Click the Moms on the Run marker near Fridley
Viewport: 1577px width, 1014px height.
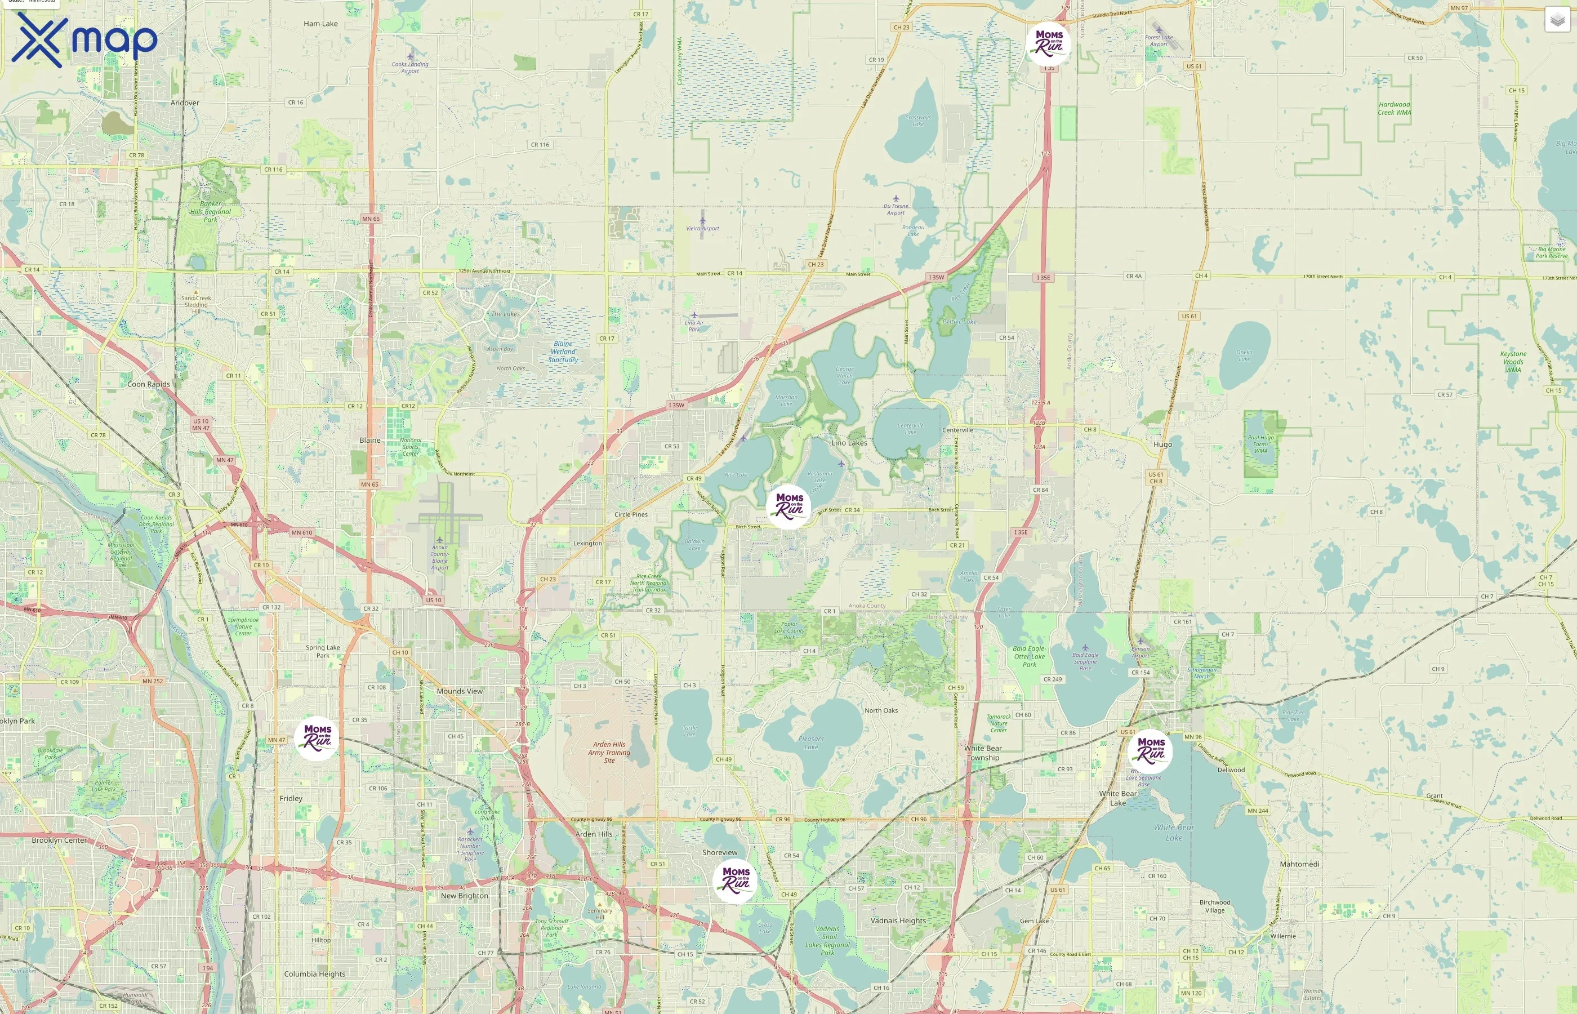(x=317, y=738)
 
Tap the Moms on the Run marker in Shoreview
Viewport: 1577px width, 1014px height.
(x=735, y=880)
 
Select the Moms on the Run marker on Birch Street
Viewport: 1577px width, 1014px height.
(x=788, y=506)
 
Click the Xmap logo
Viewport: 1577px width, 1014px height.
(x=84, y=39)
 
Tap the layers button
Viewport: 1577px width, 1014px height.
(x=1557, y=20)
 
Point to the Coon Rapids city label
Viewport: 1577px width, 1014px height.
(x=149, y=384)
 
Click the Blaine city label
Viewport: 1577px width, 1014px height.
(x=370, y=440)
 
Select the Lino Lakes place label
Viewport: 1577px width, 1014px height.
(x=849, y=442)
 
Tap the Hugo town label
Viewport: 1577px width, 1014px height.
(x=1162, y=444)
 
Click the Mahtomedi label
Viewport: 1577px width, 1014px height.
(x=1299, y=864)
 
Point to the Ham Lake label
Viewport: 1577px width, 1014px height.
(x=320, y=24)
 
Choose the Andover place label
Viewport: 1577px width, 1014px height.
(x=185, y=103)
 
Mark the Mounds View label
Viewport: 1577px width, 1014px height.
(x=460, y=691)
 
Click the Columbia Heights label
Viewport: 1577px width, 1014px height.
(x=315, y=974)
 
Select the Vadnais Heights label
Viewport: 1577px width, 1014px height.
(x=898, y=920)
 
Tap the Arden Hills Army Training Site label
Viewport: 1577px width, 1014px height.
(x=609, y=752)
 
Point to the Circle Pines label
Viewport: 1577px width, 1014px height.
(x=631, y=514)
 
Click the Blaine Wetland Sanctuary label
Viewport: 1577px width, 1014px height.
(x=563, y=352)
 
